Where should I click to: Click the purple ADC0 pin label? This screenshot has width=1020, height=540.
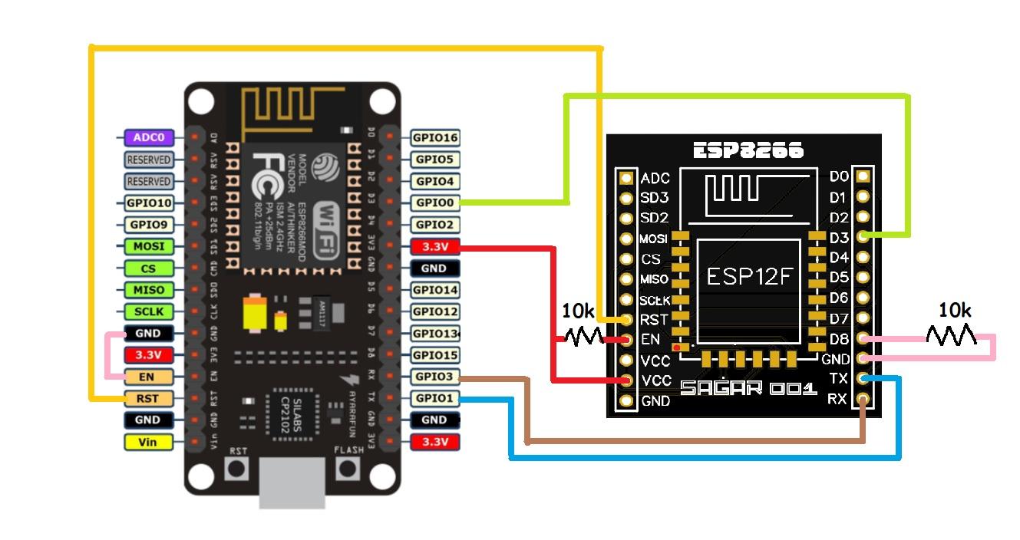pos(148,138)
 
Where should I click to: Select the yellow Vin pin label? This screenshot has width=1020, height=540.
pos(148,442)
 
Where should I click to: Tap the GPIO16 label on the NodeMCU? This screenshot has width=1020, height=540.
pos(435,138)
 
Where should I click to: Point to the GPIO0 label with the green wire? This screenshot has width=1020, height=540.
pos(435,203)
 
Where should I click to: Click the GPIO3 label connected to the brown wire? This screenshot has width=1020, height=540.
pos(435,377)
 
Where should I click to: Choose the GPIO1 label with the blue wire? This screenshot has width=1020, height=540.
pos(435,398)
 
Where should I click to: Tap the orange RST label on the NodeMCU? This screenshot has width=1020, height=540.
pos(148,398)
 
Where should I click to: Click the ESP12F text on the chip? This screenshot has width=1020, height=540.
pos(748,276)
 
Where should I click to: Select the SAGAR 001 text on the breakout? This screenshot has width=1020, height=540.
pos(738,389)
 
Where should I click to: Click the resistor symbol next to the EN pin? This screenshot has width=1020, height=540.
pos(584,336)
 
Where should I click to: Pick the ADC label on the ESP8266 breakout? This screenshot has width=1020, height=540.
pos(655,178)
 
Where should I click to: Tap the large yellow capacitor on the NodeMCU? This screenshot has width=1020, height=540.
pos(253,314)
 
